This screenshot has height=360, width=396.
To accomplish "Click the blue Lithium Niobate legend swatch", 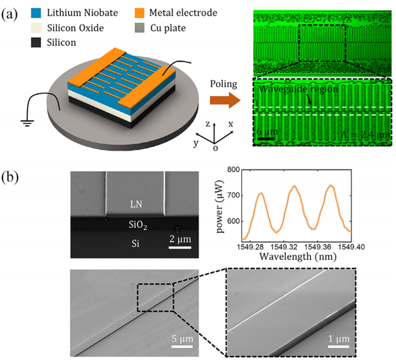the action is tap(36, 13).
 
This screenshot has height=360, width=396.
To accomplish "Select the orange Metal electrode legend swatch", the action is tap(139, 13).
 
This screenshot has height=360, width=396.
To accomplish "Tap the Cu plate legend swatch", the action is tap(139, 28).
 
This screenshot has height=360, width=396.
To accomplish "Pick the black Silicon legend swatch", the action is tap(36, 42).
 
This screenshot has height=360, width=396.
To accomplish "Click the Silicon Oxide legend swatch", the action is tap(36, 28).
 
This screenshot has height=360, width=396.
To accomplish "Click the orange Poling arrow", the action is tap(225, 101).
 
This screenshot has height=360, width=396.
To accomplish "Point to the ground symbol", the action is tap(27, 123).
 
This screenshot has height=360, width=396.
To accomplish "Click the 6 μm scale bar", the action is tap(265, 138).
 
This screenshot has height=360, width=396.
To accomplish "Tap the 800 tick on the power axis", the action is tap(233, 169).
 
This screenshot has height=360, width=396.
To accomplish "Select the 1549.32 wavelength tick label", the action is tap(283, 247).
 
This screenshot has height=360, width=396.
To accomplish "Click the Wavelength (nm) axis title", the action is tap(298, 257).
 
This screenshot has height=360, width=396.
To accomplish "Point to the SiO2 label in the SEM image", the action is tap(138, 224).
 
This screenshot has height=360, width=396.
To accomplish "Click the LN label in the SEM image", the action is tap(136, 204).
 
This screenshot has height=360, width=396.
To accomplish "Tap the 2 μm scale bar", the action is tap(180, 247).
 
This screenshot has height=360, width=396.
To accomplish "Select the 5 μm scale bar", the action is tap(182, 346).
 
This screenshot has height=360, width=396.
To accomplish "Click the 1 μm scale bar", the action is tap(338, 346).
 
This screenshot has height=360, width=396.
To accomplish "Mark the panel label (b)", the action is tap(10, 177).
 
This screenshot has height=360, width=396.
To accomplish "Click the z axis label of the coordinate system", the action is tap(208, 124).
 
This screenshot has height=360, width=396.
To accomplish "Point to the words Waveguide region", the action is tap(298, 89).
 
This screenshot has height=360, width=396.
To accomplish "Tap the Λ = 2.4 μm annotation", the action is tap(365, 134).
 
